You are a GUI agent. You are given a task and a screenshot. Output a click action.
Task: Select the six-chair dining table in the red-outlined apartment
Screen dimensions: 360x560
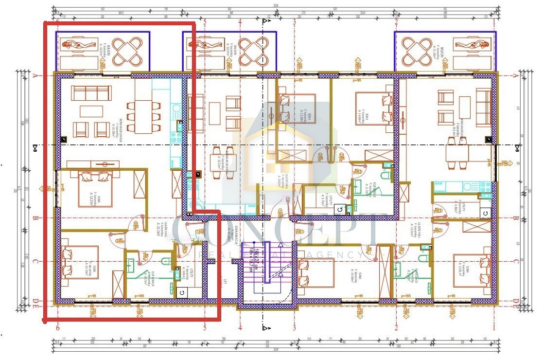coord(143,117)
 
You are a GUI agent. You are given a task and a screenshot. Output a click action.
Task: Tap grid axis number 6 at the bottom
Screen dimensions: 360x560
coord(58,328)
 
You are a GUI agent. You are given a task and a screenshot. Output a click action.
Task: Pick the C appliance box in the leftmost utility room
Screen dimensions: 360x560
coord(181,292)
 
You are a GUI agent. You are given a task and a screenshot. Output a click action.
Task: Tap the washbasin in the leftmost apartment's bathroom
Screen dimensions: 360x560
coord(131,265)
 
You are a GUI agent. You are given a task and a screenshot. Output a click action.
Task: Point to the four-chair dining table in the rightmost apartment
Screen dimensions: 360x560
coord(457,154)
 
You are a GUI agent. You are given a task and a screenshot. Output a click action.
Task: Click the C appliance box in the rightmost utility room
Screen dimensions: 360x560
coord(485,213)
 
